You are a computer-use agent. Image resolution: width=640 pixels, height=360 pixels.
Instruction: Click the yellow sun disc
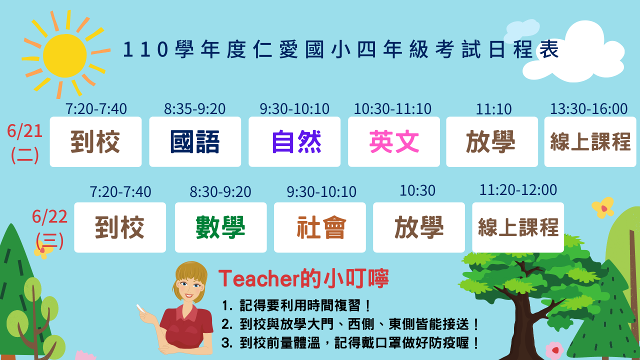(x=65, y=55)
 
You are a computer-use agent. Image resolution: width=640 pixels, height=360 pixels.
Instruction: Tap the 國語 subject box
(x=195, y=141)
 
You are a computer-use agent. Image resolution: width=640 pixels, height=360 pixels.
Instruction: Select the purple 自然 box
(x=294, y=141)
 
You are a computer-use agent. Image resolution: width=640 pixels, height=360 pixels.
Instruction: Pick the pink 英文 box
(x=394, y=141)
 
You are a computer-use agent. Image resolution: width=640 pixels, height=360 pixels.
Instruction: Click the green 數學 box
(x=221, y=227)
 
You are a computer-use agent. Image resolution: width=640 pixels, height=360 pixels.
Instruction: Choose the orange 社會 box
(x=320, y=227)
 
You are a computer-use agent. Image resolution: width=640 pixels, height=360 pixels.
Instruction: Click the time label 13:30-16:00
(x=589, y=109)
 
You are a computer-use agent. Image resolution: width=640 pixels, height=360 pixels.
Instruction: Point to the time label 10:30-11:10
(x=392, y=109)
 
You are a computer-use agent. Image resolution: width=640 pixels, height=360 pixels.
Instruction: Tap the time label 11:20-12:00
(x=518, y=190)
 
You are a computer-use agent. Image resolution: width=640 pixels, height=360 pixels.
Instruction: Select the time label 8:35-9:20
(x=194, y=109)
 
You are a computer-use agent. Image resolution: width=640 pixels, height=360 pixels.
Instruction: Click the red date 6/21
(x=25, y=131)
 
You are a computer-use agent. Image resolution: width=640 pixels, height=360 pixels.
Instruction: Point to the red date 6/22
(x=49, y=216)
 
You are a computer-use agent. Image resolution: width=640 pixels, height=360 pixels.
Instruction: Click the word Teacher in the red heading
(x=259, y=279)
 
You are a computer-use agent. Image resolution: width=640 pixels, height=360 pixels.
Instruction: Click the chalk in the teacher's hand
(x=140, y=308)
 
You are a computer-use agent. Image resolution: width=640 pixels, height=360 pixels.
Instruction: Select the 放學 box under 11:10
(x=492, y=141)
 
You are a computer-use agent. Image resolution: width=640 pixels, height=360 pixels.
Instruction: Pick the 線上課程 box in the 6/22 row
(x=518, y=227)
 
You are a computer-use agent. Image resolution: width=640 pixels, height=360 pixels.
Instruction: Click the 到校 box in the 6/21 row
(x=95, y=141)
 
